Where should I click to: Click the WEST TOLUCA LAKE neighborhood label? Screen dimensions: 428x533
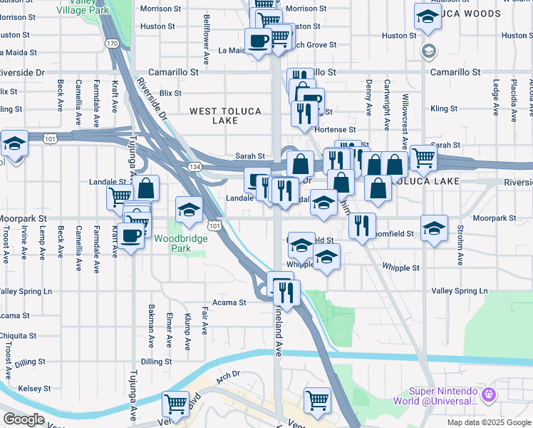coord(225,116)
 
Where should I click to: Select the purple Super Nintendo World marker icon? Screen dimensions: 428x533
coord(488,394)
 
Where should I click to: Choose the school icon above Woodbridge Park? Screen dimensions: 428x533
coord(189,210)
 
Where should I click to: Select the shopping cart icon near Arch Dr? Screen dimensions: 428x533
coord(175,404)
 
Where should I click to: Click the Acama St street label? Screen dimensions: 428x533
coord(229,302)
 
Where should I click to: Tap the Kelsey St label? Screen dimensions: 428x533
coord(32,388)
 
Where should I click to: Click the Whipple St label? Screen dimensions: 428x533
coord(401,268)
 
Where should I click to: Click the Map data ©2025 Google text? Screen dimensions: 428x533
coord(488,422)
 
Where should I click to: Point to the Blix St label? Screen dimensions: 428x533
coord(171,93)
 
